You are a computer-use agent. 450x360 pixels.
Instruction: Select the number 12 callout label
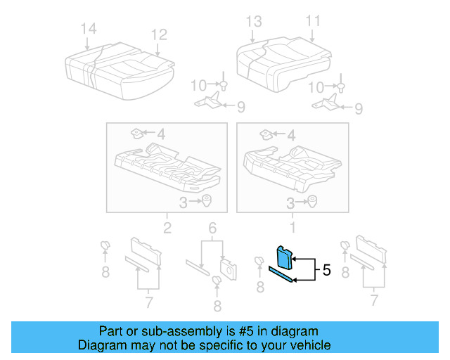[159, 34]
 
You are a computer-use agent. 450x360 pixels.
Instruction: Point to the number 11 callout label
[313, 20]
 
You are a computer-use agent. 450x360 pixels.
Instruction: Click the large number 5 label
[326, 269]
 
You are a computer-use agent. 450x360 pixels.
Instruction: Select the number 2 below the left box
[167, 227]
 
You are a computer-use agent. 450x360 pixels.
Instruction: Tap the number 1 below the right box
[293, 227]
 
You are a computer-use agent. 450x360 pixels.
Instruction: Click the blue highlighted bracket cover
[284, 257]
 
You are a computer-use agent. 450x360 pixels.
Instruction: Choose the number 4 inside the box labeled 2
[161, 134]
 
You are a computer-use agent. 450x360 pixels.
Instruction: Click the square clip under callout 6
[227, 266]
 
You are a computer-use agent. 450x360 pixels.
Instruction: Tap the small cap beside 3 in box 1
[312, 201]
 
